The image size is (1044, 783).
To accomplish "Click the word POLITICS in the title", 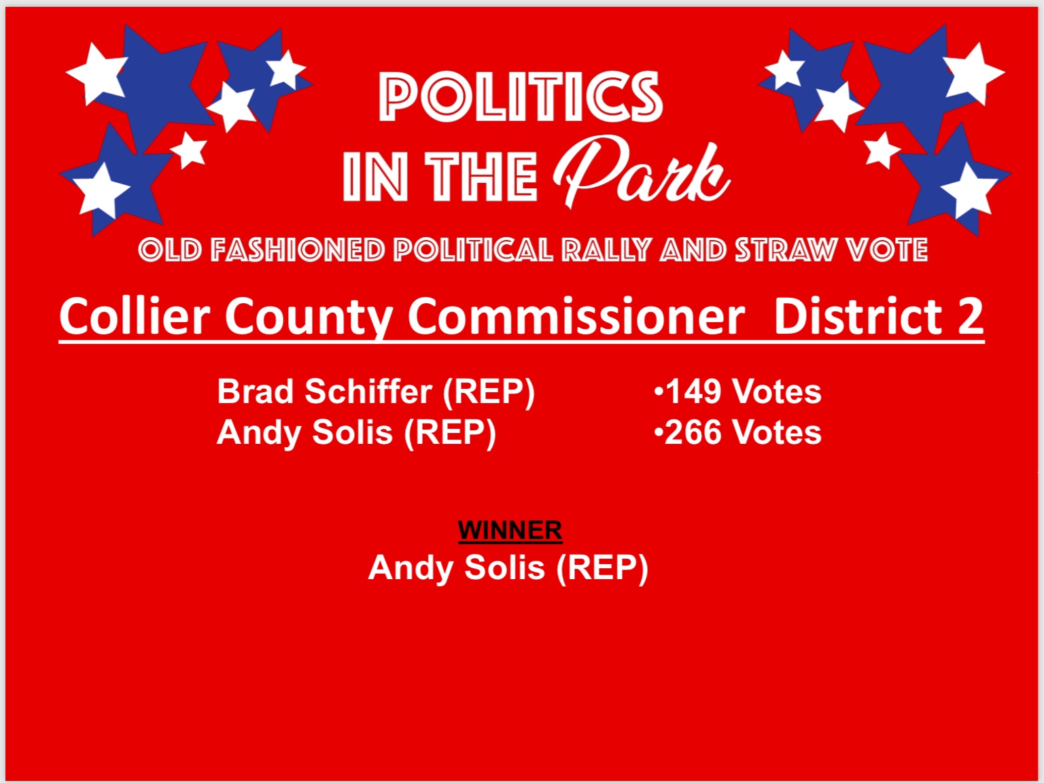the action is tap(521, 97).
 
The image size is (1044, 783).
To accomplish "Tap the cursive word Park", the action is tap(641, 171).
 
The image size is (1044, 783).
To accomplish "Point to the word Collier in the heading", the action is tap(135, 316).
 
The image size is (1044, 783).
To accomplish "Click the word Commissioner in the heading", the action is tap(576, 316).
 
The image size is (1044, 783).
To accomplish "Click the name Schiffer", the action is tap(368, 391).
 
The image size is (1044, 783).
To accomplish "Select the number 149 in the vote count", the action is tap(693, 392).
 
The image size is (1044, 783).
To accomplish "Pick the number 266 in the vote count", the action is tap(693, 433).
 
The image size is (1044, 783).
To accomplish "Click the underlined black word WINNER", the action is tap(510, 530).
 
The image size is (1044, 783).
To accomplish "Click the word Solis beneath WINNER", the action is tap(504, 568).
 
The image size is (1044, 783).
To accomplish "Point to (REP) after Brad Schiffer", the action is tap(489, 392).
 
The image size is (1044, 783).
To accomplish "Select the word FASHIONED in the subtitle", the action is tap(298, 250).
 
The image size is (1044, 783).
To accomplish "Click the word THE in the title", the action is tap(481, 176).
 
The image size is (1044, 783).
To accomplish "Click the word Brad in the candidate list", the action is tap(256, 391).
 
